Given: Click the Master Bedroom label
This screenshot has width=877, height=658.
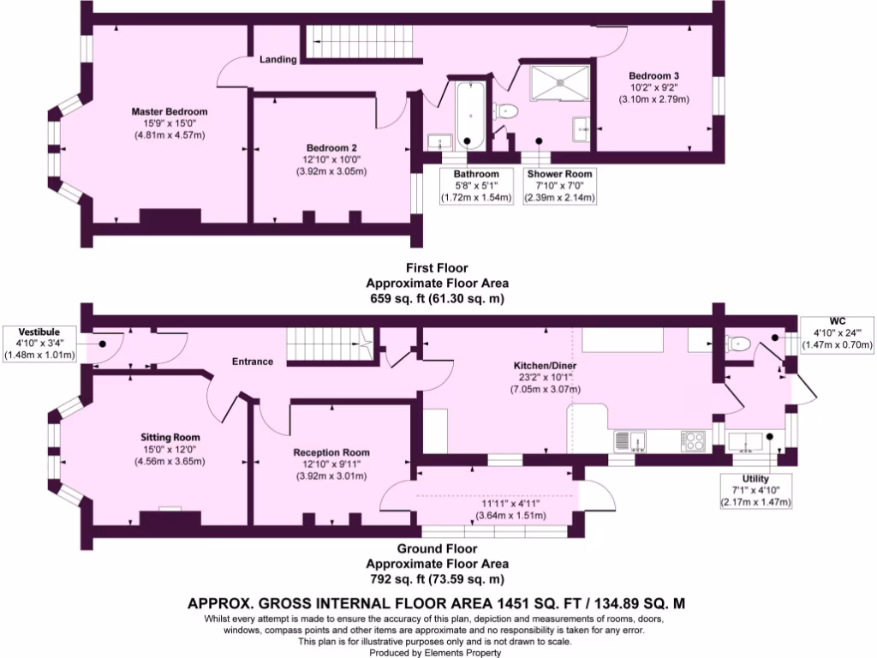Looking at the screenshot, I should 169,111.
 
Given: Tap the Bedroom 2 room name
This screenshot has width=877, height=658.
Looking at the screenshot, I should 330,147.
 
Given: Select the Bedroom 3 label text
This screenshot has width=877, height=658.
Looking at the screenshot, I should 653,75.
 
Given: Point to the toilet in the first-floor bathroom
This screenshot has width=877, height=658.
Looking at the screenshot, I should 504,111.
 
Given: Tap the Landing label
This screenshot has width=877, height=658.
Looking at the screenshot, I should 278,60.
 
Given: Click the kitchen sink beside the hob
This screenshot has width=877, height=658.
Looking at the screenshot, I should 630,440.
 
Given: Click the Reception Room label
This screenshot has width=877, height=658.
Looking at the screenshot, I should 331,452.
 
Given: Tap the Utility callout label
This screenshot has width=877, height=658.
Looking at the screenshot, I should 756,478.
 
